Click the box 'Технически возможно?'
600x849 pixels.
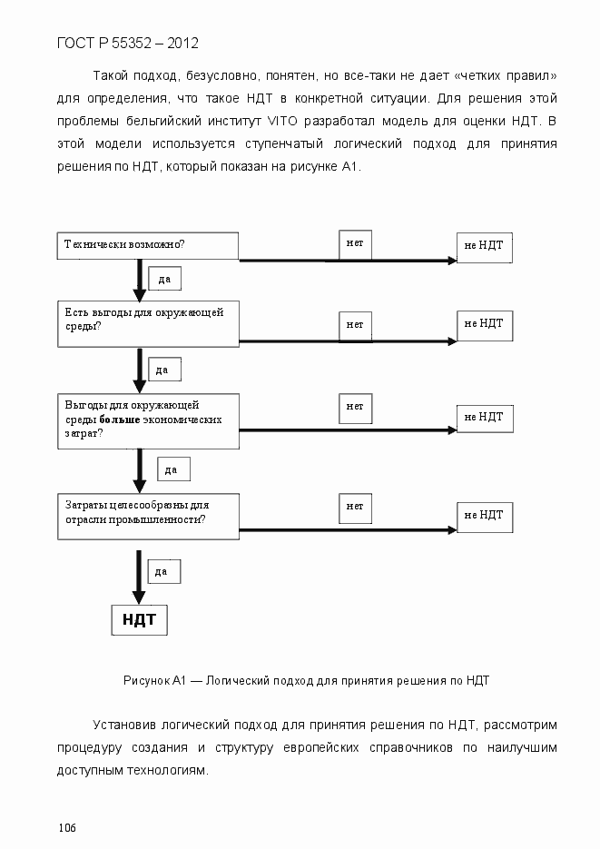pyautogui.click(x=148, y=245)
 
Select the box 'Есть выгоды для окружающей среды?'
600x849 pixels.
pyautogui.click(x=148, y=323)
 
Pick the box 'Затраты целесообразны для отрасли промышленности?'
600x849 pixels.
pyautogui.click(x=148, y=515)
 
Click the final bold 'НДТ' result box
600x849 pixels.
pyautogui.click(x=139, y=620)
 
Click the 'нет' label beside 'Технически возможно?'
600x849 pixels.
pyautogui.click(x=355, y=243)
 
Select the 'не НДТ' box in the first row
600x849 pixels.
pyautogui.click(x=484, y=245)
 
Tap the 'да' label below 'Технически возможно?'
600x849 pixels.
pyautogui.click(x=164, y=279)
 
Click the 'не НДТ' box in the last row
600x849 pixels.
pyautogui.click(x=484, y=515)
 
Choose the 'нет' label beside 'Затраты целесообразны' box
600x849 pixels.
pyautogui.click(x=355, y=506)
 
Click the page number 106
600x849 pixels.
pyautogui.click(x=67, y=827)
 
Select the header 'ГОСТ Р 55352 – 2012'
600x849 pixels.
pyautogui.click(x=127, y=43)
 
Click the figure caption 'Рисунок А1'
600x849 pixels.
pyautogui.click(x=154, y=679)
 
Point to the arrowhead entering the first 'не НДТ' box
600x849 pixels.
pyautogui.click(x=451, y=261)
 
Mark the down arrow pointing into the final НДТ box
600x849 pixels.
pyautogui.click(x=139, y=597)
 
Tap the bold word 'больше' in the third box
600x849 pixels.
pyautogui.click(x=120, y=420)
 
